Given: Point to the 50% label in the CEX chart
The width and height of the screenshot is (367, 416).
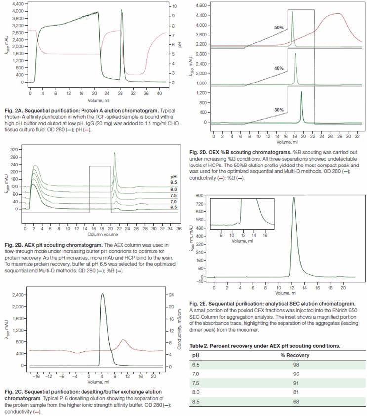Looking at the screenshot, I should [x=279, y=28].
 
